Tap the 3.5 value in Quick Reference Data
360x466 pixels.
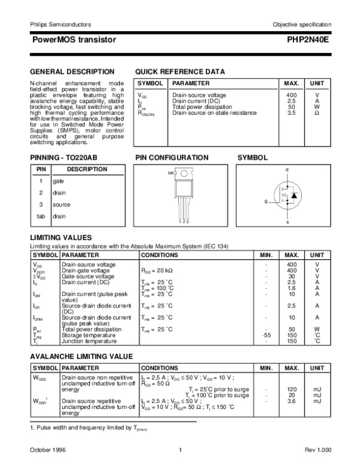292,112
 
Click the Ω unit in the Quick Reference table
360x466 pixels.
317,112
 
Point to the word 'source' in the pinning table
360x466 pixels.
61,204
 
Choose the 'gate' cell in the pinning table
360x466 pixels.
58,181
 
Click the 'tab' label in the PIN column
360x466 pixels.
41,216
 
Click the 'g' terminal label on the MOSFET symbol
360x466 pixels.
265,202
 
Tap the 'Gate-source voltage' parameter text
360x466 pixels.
88,276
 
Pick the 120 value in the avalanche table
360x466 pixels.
292,389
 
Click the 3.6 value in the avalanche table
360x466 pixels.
292,401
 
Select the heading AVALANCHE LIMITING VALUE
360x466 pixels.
81,357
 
